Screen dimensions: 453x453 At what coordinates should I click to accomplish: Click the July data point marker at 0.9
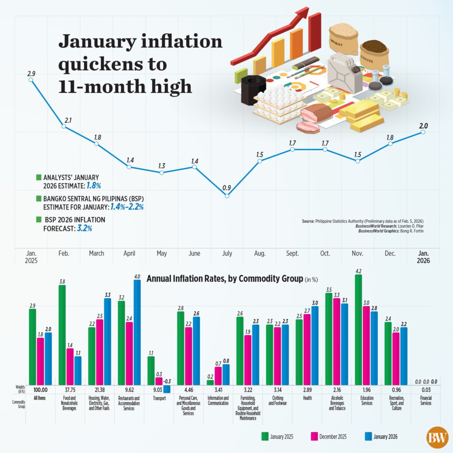pos(227,195)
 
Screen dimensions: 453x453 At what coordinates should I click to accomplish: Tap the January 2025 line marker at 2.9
pos(31,80)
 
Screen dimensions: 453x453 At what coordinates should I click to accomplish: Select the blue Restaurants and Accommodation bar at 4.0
pos(137,332)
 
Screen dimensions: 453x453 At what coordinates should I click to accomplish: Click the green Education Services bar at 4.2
pos(358,330)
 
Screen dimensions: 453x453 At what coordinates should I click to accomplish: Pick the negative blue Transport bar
pos(166,389)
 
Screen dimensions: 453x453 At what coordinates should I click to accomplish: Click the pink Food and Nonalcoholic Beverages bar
pos(70,367)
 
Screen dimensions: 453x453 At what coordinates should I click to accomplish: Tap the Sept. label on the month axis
pos(292,253)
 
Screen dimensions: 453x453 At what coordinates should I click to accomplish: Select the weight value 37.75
pos(70,389)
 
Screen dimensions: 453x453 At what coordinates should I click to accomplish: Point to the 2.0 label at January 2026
pos(423,126)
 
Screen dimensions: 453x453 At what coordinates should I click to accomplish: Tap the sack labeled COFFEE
pos(374,55)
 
